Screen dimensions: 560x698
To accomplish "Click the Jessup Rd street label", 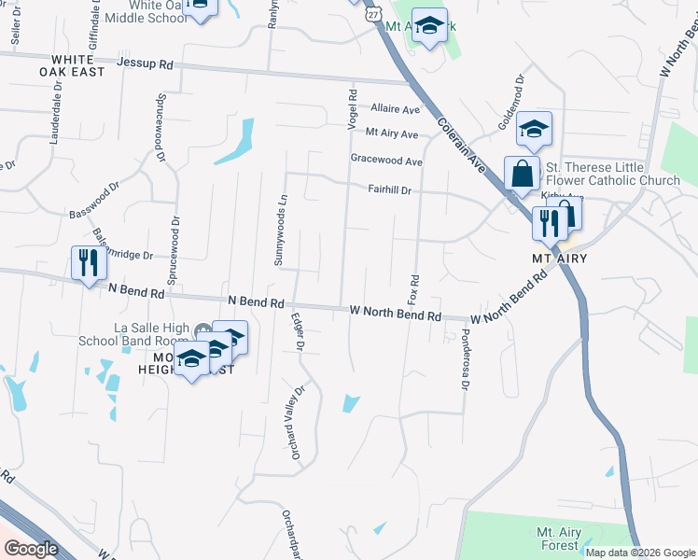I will tap(147, 65).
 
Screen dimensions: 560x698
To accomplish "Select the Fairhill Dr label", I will tap(390, 189).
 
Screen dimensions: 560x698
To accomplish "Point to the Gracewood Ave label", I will tap(386, 161).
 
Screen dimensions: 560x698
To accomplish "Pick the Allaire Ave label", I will tap(394, 109).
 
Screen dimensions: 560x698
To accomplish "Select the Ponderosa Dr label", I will tap(464, 360).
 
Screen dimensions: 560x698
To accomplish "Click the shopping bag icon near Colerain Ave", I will tap(522, 173).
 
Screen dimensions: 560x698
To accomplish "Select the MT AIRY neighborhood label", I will tap(559, 258).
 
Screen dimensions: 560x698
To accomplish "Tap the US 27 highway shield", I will tap(374, 14).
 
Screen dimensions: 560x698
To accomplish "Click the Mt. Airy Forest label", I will tap(560, 539).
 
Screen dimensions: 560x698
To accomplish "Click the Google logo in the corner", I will tap(31, 549).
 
